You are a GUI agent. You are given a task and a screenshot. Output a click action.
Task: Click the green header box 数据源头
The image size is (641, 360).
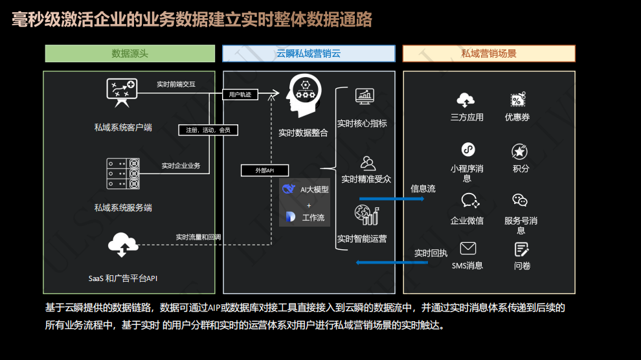click(x=129, y=54)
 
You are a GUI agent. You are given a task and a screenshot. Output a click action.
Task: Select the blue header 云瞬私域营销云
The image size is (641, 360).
click(x=309, y=54)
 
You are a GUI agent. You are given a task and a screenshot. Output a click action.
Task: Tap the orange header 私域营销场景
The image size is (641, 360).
click(x=489, y=54)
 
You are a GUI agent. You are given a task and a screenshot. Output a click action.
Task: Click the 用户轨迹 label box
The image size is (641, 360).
click(x=240, y=95)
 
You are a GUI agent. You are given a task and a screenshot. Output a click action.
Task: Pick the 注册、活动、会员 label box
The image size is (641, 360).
click(x=208, y=130)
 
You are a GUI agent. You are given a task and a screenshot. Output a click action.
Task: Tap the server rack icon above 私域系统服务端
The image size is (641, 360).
click(x=123, y=173)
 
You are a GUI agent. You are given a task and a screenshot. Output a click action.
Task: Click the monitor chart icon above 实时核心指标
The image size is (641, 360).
click(x=365, y=96)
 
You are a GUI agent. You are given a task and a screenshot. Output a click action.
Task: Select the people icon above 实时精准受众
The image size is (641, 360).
click(x=367, y=163)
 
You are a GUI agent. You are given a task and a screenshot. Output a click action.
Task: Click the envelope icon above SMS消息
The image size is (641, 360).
click(x=467, y=249)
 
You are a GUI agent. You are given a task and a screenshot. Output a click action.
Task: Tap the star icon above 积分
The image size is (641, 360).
click(x=519, y=152)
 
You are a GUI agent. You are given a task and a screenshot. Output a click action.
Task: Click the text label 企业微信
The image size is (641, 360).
click(x=467, y=221)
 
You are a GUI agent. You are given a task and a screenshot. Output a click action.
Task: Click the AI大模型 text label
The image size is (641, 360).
click(x=314, y=190)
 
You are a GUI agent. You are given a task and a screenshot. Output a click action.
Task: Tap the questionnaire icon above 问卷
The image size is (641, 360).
click(x=522, y=249)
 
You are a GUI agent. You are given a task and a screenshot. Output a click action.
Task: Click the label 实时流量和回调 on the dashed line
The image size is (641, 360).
click(x=198, y=237)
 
